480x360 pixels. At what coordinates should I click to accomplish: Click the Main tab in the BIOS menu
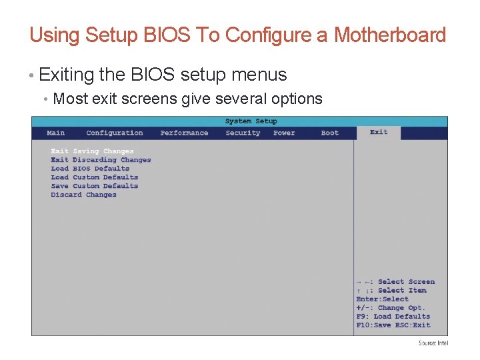pyautogui.click(x=56, y=133)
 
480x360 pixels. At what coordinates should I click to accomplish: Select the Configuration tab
pyautogui.click(x=115, y=133)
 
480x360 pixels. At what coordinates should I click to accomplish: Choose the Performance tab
pyautogui.click(x=184, y=133)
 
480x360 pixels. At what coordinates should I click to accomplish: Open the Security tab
pyautogui.click(x=243, y=133)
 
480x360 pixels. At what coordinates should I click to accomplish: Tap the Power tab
pyautogui.click(x=284, y=133)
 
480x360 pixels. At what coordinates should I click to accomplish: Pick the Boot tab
pyautogui.click(x=330, y=133)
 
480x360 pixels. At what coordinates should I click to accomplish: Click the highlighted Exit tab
pyautogui.click(x=379, y=132)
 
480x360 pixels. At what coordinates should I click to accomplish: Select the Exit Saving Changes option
pyautogui.click(x=92, y=151)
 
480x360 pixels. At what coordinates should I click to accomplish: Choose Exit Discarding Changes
pyautogui.click(x=101, y=160)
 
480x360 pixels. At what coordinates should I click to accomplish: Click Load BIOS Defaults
pyautogui.click(x=90, y=169)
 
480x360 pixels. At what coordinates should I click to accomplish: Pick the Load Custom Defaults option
pyautogui.click(x=95, y=177)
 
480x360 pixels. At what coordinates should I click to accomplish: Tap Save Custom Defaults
pyautogui.click(x=95, y=186)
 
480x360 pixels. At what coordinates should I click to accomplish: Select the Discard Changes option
pyautogui.click(x=83, y=195)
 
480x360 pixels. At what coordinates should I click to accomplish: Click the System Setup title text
pyautogui.click(x=251, y=121)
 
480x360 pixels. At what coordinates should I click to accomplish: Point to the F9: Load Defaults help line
pyautogui.click(x=393, y=317)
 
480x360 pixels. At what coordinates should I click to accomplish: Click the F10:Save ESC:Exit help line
pyautogui.click(x=393, y=325)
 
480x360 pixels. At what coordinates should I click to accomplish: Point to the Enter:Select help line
pyautogui.click(x=382, y=299)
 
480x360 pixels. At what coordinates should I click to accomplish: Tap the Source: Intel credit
pyautogui.click(x=433, y=343)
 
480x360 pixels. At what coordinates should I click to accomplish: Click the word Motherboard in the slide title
pyautogui.click(x=389, y=35)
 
